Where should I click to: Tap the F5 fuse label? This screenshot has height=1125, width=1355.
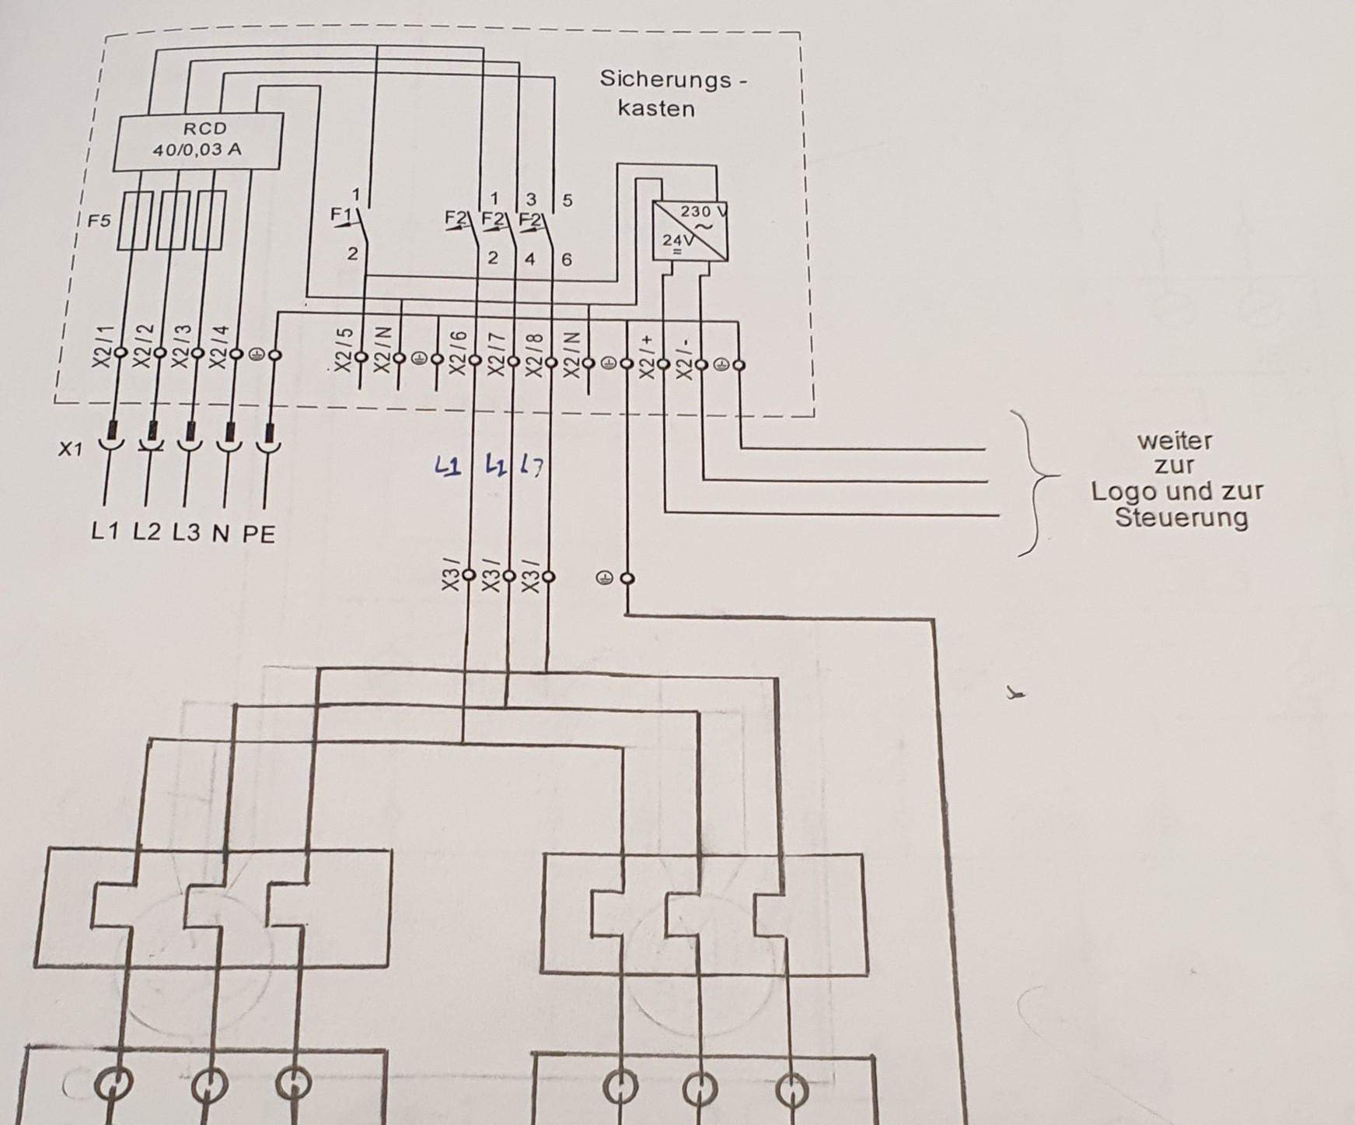pos(99,221)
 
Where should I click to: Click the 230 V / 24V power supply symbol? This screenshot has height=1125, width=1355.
pos(689,230)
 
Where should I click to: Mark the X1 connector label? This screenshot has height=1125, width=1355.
pos(70,449)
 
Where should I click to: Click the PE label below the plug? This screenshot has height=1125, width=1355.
pos(259,534)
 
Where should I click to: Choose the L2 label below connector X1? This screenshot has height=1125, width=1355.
pos(146,532)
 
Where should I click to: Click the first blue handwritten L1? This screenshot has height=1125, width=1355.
pos(448,467)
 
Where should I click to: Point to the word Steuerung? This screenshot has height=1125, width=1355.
pos(1181,517)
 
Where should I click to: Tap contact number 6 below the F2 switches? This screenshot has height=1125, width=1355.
pos(566,259)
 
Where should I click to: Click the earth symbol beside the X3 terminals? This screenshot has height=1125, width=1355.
pos(603,578)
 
